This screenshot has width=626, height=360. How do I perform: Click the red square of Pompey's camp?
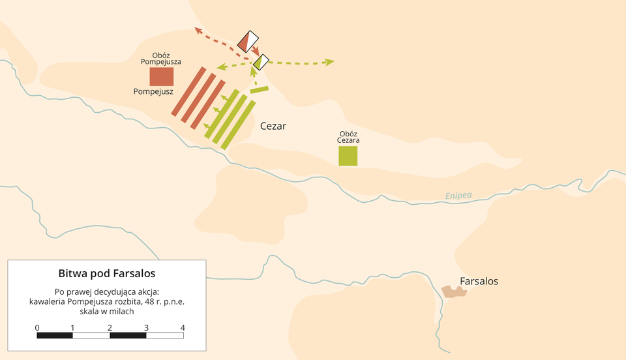click(x=161, y=76)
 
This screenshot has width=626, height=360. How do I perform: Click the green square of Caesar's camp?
click(x=348, y=156)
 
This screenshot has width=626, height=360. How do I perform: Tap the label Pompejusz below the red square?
click(x=153, y=92)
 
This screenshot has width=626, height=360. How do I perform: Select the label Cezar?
click(x=273, y=126)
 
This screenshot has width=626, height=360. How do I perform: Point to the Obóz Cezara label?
click(x=349, y=137)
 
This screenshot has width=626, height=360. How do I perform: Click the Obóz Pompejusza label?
click(x=161, y=59)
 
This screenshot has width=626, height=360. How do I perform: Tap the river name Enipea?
click(x=458, y=195)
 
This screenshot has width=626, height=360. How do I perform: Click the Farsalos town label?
click(x=479, y=281)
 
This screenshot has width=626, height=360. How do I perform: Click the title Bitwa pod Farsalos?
click(x=107, y=273)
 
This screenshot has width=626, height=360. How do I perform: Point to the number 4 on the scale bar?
click(x=183, y=327)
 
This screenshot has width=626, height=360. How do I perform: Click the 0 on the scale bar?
click(x=37, y=327)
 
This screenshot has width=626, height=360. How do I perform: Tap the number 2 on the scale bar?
click(x=110, y=327)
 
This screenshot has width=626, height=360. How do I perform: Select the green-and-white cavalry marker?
click(x=261, y=62)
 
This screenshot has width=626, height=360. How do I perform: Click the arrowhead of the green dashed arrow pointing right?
click(x=330, y=62)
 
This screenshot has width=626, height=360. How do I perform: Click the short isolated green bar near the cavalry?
click(x=259, y=89)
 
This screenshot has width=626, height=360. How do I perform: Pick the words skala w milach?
click(x=107, y=311)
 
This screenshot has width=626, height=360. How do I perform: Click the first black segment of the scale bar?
click(x=55, y=335)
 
